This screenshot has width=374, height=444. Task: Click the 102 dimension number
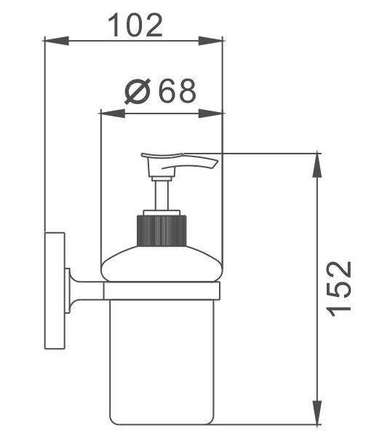pyautogui.click(x=135, y=25)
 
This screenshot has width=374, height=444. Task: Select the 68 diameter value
pyautogui.click(x=177, y=91)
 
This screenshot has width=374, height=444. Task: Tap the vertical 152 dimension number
pyautogui.click(x=339, y=288)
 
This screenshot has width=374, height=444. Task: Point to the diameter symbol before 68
pyautogui.click(x=138, y=91)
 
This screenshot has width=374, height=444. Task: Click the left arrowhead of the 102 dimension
pyautogui.click(x=57, y=41)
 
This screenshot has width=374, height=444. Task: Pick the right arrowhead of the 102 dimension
pyautogui.click(x=210, y=41)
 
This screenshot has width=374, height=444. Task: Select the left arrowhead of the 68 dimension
pyautogui.click(x=113, y=114)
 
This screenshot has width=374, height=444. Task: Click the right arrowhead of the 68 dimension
pyautogui.click(x=210, y=114)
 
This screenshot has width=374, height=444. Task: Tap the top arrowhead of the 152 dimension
pyautogui.click(x=317, y=165)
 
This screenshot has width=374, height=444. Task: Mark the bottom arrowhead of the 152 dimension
pyautogui.click(x=317, y=413)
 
